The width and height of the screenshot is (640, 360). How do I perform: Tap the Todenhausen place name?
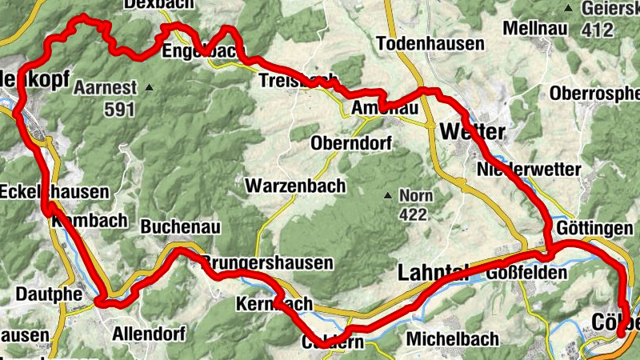(x=430, y=43)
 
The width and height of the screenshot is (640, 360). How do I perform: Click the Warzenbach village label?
(x=295, y=186)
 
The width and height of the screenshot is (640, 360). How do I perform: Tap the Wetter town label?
(x=473, y=130)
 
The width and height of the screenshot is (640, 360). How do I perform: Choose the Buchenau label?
(x=180, y=227)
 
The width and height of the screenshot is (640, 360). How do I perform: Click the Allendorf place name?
(x=149, y=333)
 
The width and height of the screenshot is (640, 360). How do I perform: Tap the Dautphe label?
(x=49, y=294)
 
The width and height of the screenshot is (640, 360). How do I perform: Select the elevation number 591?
(x=119, y=110)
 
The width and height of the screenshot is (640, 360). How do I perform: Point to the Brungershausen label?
(x=267, y=262)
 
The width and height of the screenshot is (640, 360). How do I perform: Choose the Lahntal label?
(x=432, y=274)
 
